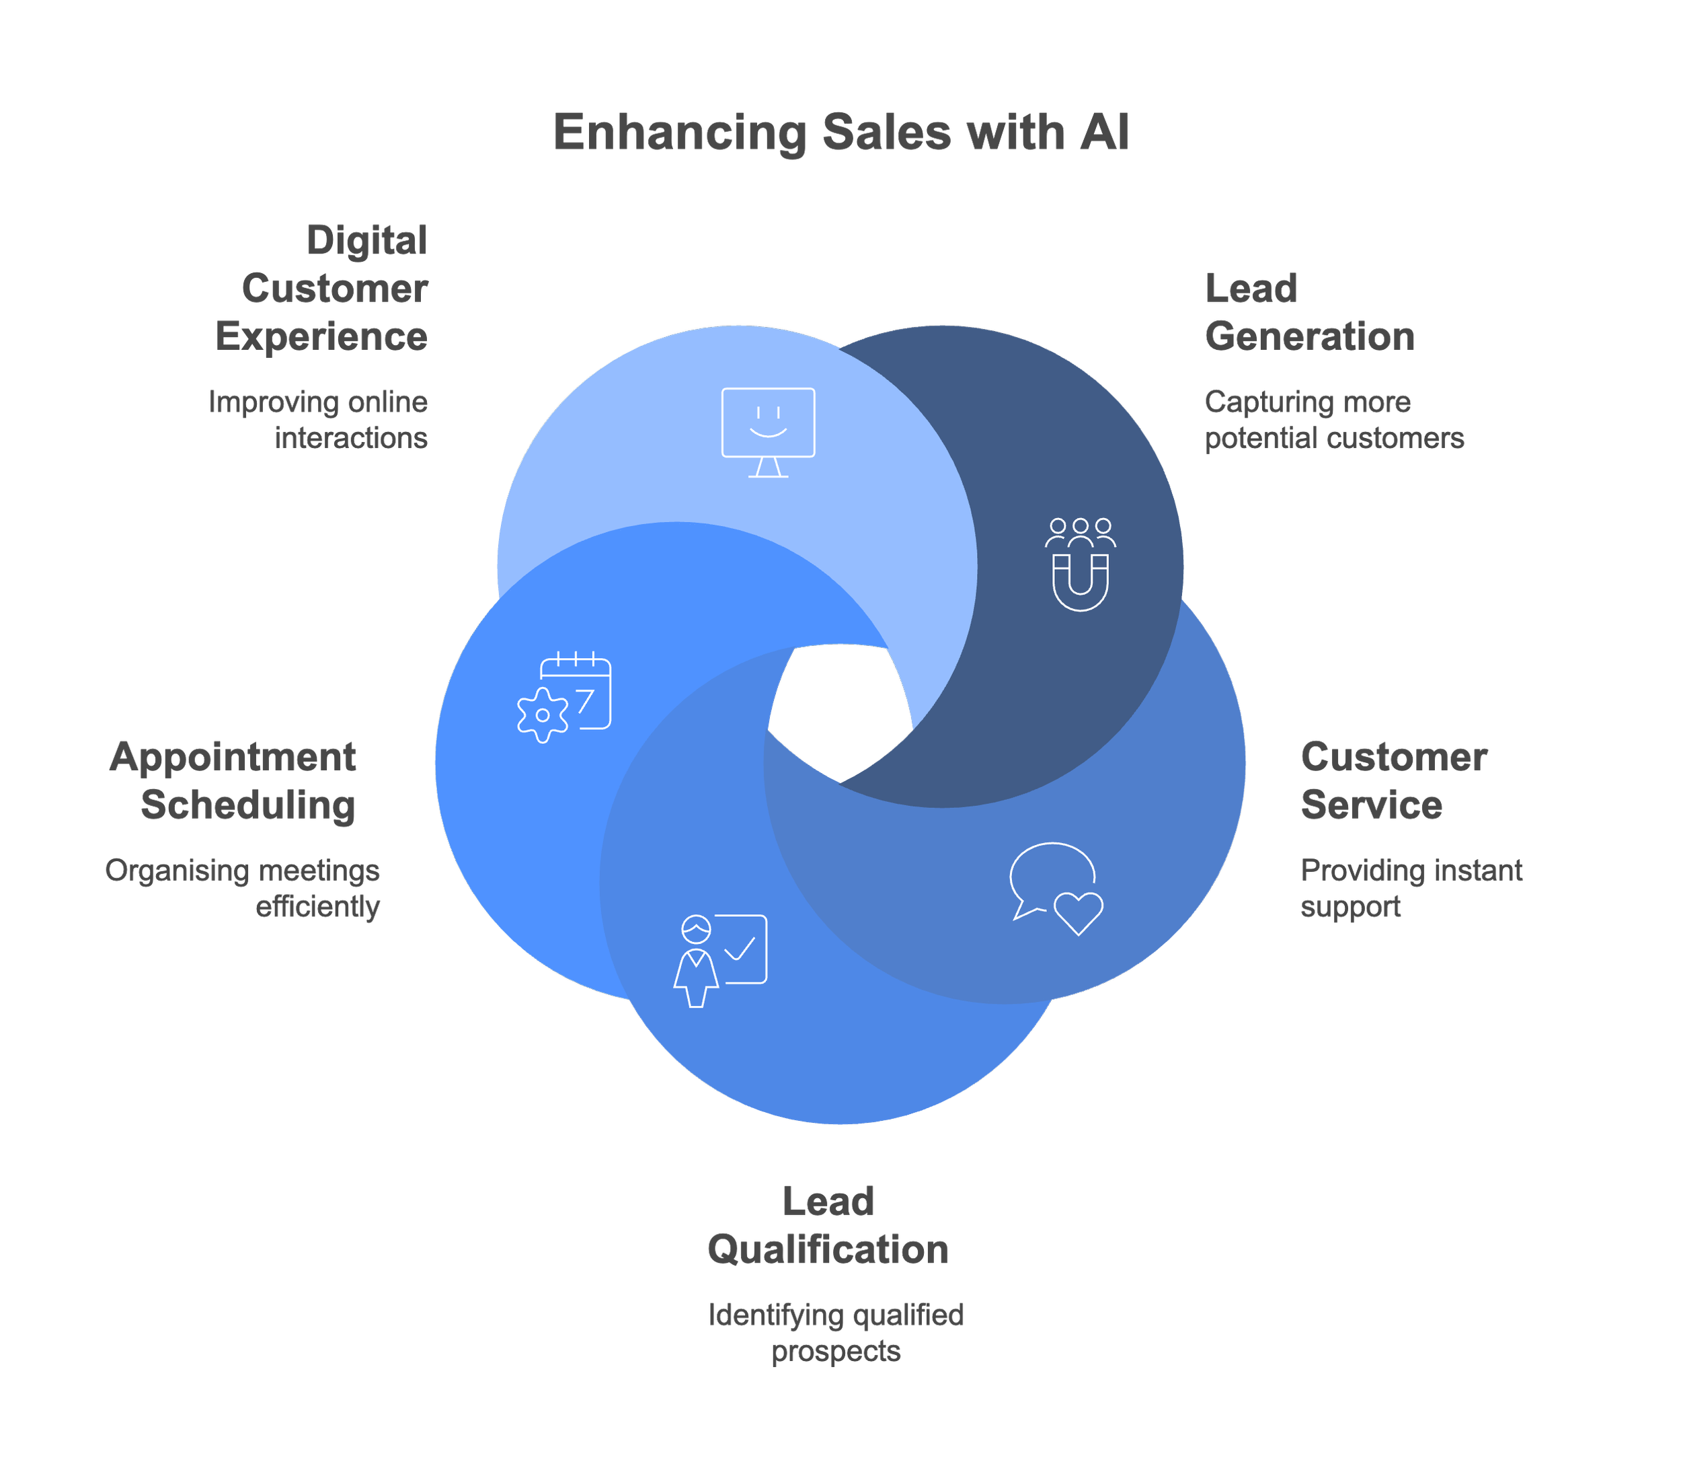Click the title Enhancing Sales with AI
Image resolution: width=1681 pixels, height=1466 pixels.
[x=841, y=132]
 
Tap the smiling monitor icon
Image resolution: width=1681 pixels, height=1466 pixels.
[x=768, y=431]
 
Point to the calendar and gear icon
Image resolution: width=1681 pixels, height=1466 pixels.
[x=564, y=697]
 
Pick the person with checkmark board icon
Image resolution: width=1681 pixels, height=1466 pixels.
[x=720, y=961]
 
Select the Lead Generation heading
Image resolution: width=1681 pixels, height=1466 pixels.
[x=1308, y=311]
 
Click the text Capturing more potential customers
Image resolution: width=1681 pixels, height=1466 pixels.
[x=1333, y=420]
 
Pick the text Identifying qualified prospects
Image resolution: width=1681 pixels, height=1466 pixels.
[x=836, y=1333]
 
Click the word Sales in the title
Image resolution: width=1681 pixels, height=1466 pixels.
[x=886, y=132]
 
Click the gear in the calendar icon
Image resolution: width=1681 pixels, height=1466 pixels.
[x=542, y=715]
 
